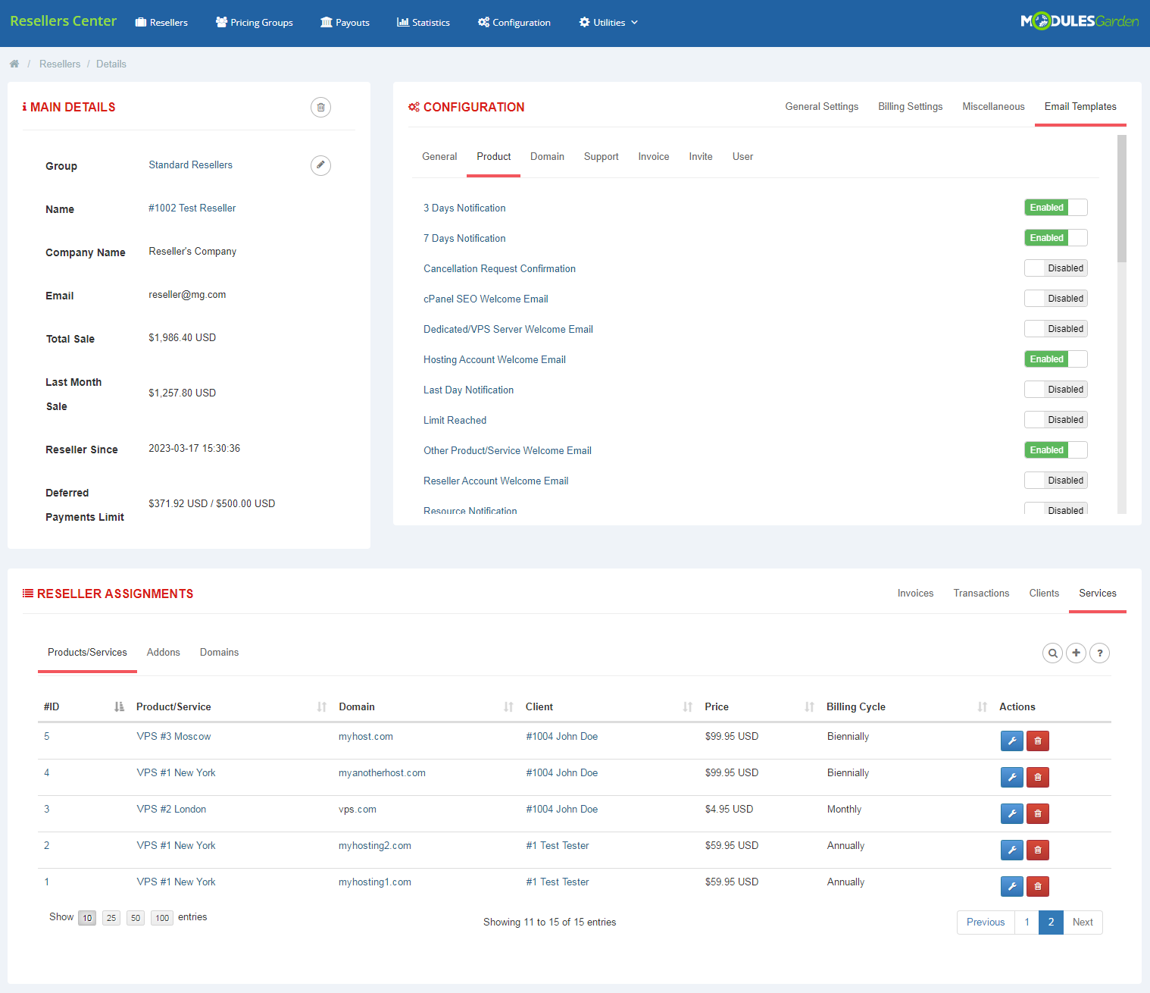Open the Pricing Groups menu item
(x=255, y=23)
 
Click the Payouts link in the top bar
(x=345, y=23)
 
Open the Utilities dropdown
(x=608, y=23)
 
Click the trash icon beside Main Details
(x=320, y=108)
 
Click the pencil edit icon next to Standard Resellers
(x=320, y=165)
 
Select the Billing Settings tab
(x=910, y=107)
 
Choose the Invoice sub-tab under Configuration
(x=653, y=157)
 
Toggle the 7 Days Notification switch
(x=1055, y=238)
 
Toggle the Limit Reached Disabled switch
(x=1055, y=420)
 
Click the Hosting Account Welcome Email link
(x=494, y=360)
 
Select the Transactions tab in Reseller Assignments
(x=981, y=594)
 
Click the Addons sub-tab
(x=163, y=653)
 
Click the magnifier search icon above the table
(x=1052, y=653)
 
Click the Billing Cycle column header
(x=855, y=707)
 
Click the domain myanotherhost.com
(x=382, y=773)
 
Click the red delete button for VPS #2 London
(x=1037, y=814)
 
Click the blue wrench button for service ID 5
(x=1011, y=741)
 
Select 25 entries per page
(x=111, y=918)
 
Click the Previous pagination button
(x=985, y=923)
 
